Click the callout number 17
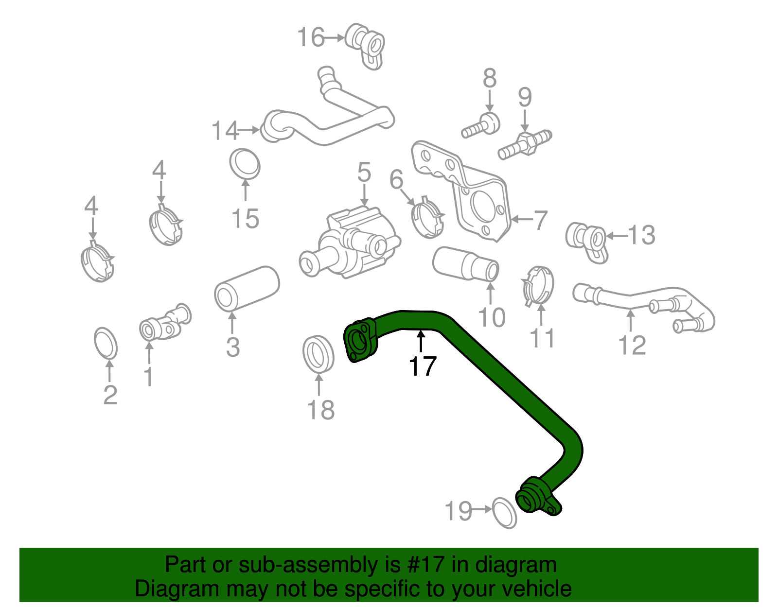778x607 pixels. [x=423, y=366]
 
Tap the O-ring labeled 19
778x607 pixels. [x=504, y=513]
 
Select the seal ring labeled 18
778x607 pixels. [x=318, y=353]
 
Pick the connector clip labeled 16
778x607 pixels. [x=366, y=45]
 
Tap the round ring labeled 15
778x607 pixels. [x=245, y=164]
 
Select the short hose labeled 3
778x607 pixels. [x=247, y=288]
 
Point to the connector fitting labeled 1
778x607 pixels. [x=164, y=325]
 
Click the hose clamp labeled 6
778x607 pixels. [x=428, y=219]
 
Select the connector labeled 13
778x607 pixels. [x=587, y=241]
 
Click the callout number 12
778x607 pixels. [x=632, y=346]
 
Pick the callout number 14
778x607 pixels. [x=225, y=131]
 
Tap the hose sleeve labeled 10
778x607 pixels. [x=466, y=264]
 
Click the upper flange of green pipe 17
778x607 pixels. [x=360, y=340]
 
